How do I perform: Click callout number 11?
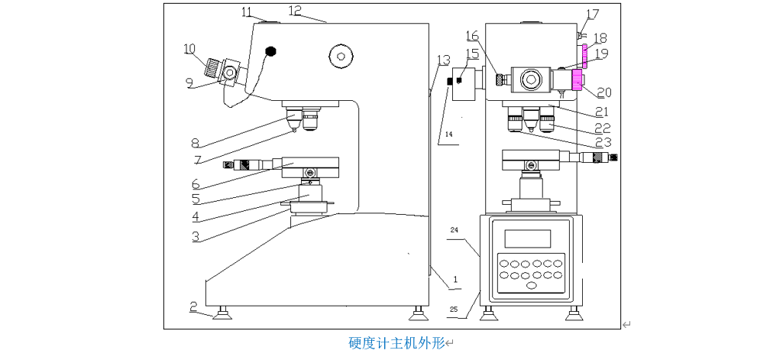coord(246,11)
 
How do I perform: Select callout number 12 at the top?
coord(296,10)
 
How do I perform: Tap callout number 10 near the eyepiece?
coord(189,49)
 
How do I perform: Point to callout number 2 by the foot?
coord(195,306)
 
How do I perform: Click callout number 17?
coord(593,14)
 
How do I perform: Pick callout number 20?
coord(604,92)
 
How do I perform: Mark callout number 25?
coord(454,310)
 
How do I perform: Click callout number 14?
coord(449,135)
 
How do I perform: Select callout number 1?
coord(455,281)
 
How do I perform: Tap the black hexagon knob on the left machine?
coord(270,51)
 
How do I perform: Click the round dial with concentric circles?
coord(341,54)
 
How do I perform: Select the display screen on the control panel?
coord(528,238)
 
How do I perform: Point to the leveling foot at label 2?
coord(222,313)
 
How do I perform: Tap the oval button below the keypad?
coord(532,286)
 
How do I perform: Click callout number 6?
coord(196,184)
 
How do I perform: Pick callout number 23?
coord(604,141)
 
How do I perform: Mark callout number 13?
coord(444,60)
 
